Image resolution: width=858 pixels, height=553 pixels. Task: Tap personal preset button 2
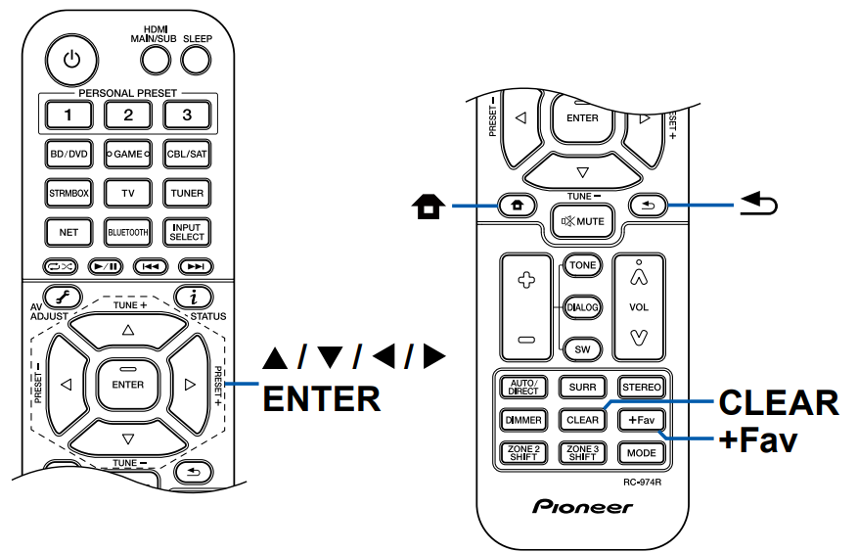click(127, 115)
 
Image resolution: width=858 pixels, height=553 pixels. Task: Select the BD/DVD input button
click(69, 155)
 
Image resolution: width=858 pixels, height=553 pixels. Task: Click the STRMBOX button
click(69, 193)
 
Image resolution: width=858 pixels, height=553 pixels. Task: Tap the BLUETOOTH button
click(127, 232)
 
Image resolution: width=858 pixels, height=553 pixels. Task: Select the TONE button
click(585, 265)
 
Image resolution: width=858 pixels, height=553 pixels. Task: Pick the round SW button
click(584, 348)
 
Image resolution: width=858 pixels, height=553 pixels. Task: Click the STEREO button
click(641, 387)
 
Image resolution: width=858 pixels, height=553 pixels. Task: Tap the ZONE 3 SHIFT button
click(583, 453)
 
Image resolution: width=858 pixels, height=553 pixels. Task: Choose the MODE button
click(641, 453)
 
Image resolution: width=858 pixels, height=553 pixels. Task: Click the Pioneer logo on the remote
click(583, 507)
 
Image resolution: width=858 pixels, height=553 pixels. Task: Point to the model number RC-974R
click(643, 483)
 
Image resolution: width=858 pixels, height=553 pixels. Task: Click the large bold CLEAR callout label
click(778, 403)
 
